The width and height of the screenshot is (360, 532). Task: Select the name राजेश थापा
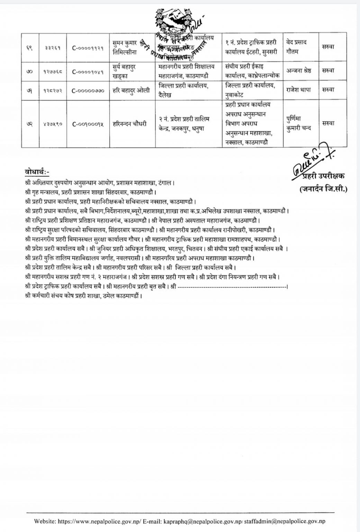(299, 90)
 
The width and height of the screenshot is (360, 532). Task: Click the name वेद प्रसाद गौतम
(297, 47)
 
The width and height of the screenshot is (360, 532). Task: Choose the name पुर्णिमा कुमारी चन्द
(299, 123)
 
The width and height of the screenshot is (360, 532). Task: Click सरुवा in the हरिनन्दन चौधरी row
(327, 123)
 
